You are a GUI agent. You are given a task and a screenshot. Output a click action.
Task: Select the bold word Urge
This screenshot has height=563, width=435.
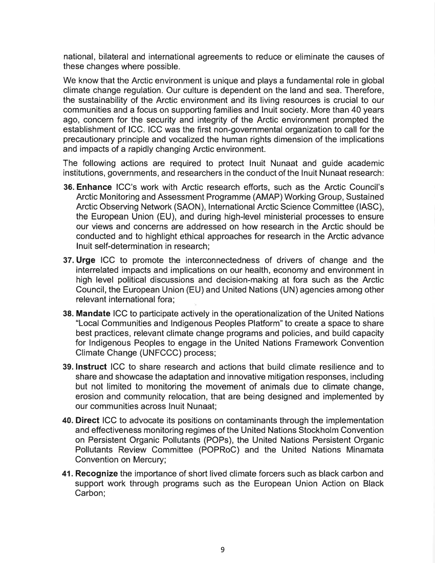coord(85,261)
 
